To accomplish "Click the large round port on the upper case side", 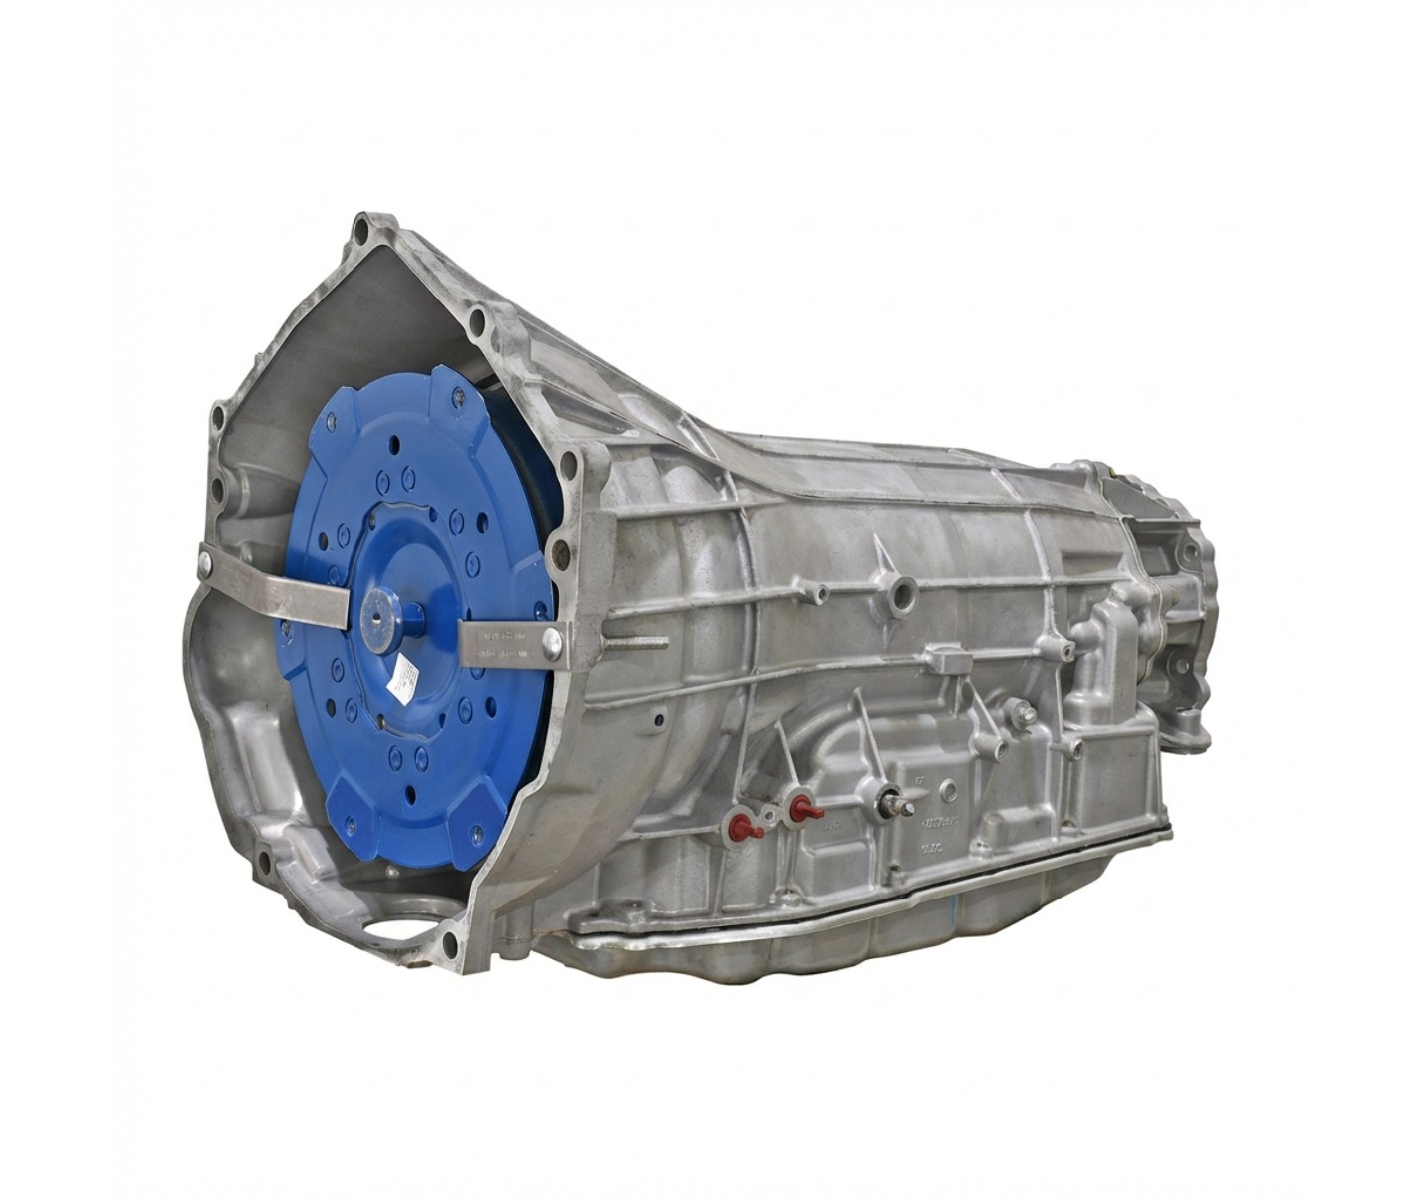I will point(904,596).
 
